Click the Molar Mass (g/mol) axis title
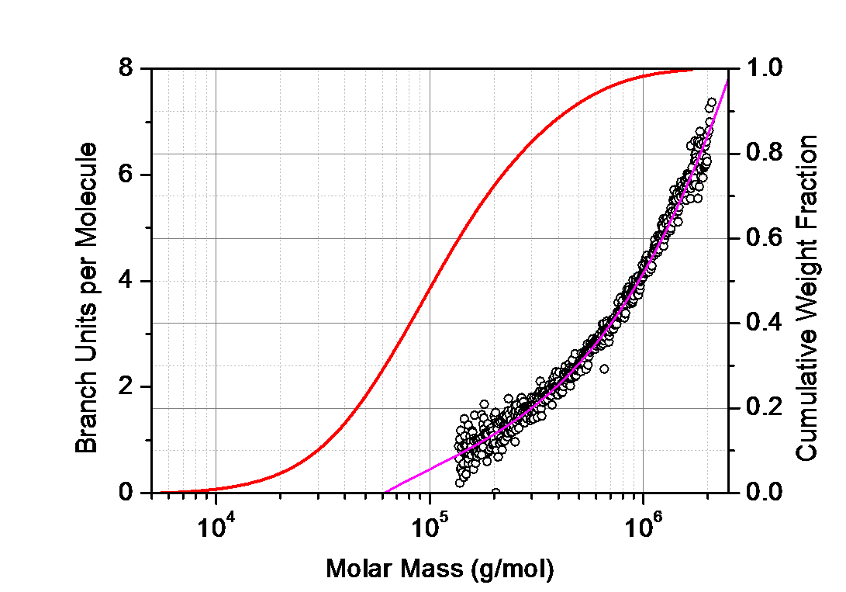coord(440,569)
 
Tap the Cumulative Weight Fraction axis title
coord(809,295)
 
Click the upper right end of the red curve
coord(693,71)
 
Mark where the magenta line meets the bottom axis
coord(385,491)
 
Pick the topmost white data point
coord(710,102)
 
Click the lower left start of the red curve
coord(161,491)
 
